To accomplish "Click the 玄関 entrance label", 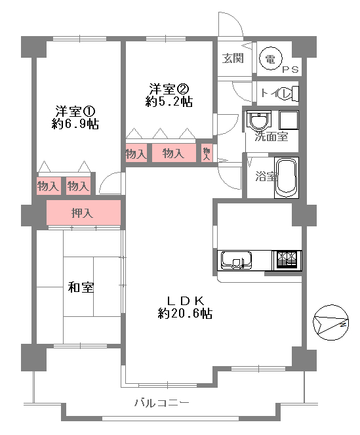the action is tap(233, 58).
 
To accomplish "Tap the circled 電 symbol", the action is tap(270, 58).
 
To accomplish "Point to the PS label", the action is tap(290, 70).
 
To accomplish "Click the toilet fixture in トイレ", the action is tap(290, 93).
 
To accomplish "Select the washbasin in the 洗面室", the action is tap(258, 120).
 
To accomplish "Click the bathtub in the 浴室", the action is tap(287, 178).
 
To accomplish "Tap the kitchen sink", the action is tap(236, 260).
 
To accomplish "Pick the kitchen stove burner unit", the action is tap(287, 260).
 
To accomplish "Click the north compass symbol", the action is tap(330, 322).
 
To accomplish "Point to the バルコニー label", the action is tap(162, 403).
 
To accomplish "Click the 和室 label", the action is tap(81, 287).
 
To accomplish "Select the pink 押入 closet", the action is tap(83, 213).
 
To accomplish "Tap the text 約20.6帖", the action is tap(185, 314).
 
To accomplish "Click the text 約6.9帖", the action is tap(75, 124).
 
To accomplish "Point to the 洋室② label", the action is tap(169, 89).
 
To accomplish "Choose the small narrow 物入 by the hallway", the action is tap(207, 153).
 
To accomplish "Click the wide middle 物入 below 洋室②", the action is tap(174, 153).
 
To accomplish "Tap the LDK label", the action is tap(186, 300).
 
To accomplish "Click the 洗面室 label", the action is tap(271, 136).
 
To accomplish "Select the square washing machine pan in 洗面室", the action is tap(289, 120).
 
